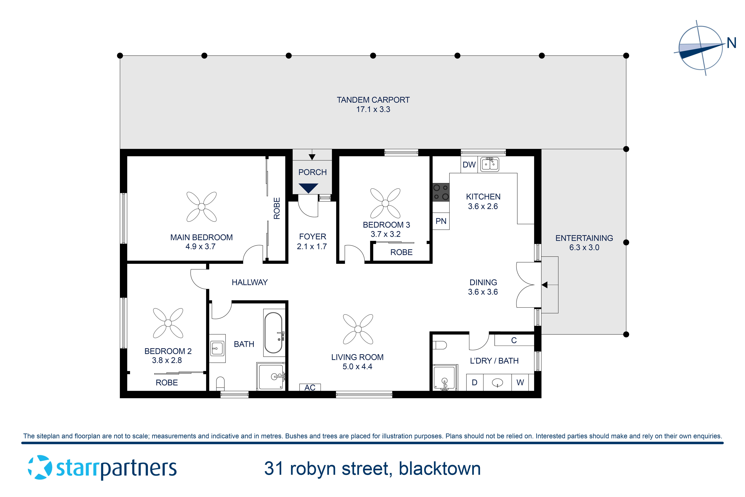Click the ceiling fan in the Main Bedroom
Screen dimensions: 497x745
pos(201,207)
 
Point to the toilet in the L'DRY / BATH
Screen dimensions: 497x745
pos(440,345)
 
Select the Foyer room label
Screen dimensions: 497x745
pos(313,236)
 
